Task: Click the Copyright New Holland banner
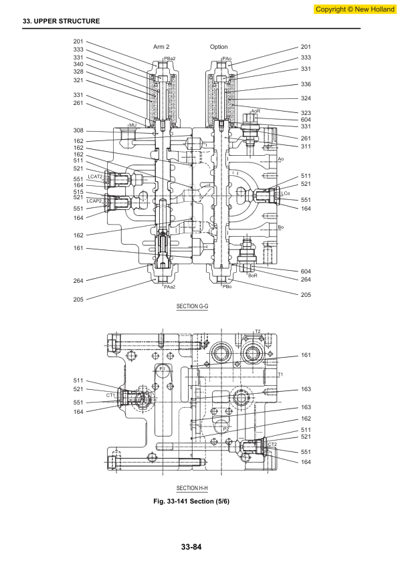[x=355, y=9]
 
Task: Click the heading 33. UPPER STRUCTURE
[x=62, y=21]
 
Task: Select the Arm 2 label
[x=161, y=47]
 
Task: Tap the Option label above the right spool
[x=219, y=47]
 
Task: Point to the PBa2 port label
[x=169, y=58]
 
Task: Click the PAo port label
[x=227, y=58]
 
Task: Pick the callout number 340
[x=78, y=64]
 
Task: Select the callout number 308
[x=78, y=130]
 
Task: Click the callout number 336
[x=306, y=84]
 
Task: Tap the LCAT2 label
[x=95, y=177]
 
